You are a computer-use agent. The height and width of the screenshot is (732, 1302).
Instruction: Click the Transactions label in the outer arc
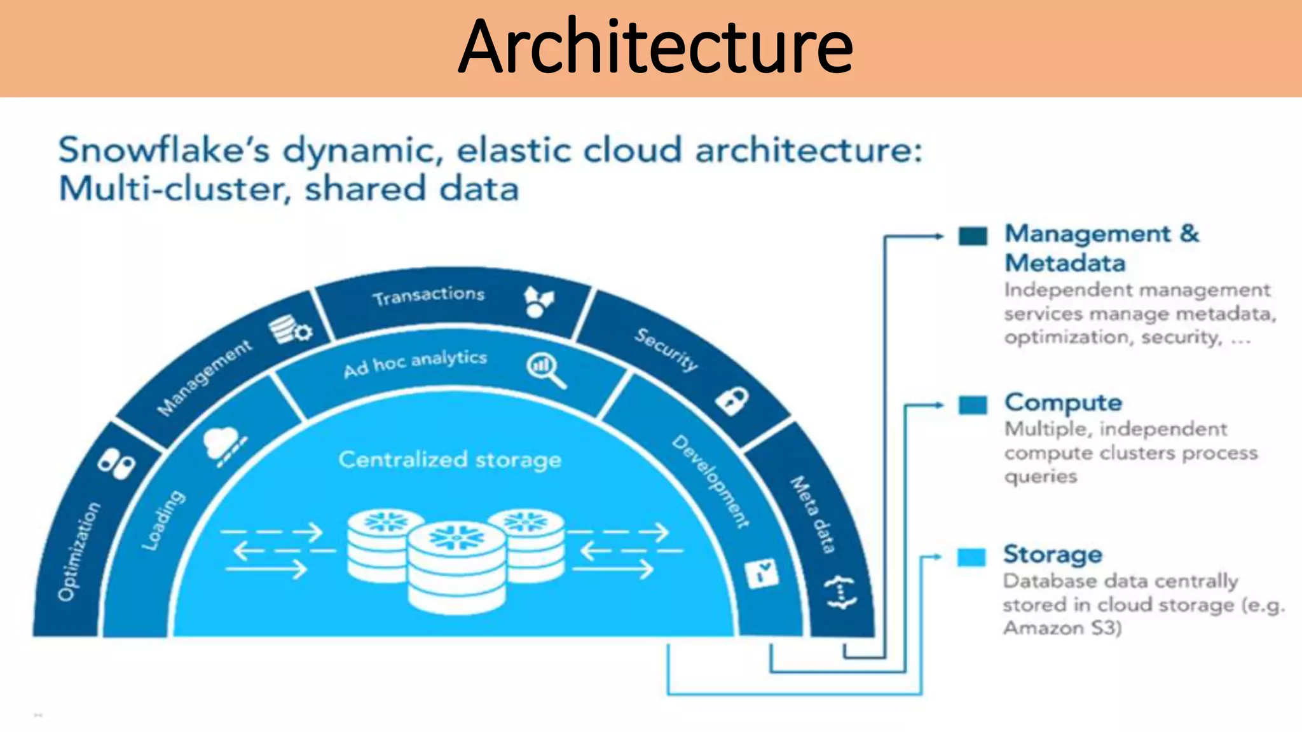pyautogui.click(x=428, y=296)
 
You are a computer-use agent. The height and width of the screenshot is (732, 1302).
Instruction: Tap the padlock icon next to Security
pyautogui.click(x=732, y=401)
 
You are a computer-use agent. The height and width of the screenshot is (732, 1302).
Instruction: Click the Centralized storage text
pyautogui.click(x=449, y=459)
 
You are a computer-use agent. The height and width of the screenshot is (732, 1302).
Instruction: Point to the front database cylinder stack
pyautogui.click(x=456, y=567)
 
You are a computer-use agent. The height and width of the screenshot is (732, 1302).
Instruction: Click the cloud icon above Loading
pyautogui.click(x=221, y=440)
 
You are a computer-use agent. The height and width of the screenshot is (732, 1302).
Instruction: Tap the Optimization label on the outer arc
pyautogui.click(x=79, y=551)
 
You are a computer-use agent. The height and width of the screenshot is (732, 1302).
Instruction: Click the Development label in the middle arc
pyautogui.click(x=711, y=482)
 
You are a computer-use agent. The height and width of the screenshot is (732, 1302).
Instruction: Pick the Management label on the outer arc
pyautogui.click(x=205, y=379)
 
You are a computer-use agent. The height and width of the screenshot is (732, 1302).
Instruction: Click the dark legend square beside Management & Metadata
pyautogui.click(x=973, y=236)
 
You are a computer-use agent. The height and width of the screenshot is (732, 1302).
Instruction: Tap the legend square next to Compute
pyautogui.click(x=973, y=405)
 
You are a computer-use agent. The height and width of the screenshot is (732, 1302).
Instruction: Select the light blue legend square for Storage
pyautogui.click(x=971, y=557)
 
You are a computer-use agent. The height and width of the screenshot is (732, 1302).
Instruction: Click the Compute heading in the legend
pyautogui.click(x=1063, y=403)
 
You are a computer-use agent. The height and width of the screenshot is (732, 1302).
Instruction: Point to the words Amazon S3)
pyautogui.click(x=1062, y=628)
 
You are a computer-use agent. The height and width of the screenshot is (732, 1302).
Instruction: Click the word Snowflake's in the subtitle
pyautogui.click(x=164, y=151)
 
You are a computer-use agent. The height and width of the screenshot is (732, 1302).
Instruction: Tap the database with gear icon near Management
pyautogui.click(x=289, y=330)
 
